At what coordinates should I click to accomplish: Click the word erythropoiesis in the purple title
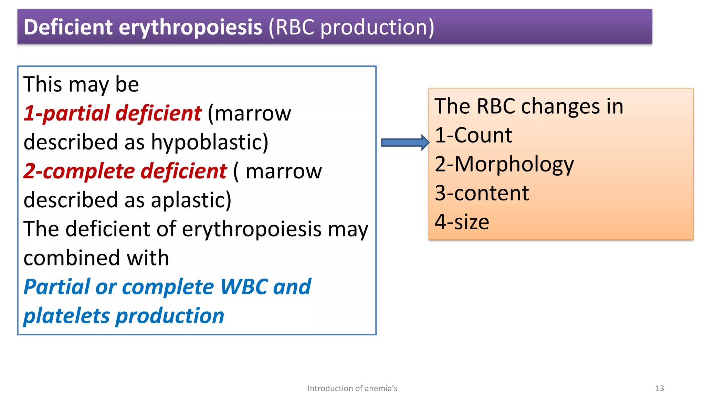coord(190,27)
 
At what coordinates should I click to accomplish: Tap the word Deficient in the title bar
coord(68,27)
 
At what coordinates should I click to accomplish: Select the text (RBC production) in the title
coord(351,27)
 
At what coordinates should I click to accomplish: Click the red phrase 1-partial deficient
coord(112,113)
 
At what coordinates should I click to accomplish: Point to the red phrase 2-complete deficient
coord(125,171)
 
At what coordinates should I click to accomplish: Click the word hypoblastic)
coord(210,142)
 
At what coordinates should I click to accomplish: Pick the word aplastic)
coord(191,200)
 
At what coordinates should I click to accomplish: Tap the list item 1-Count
coord(473,135)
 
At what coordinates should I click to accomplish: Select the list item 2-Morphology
coord(504,164)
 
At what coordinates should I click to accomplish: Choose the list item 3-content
coord(482,193)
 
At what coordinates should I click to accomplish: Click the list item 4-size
coord(462,222)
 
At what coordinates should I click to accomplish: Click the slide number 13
coord(659,388)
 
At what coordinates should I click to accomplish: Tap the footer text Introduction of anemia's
coord(352,388)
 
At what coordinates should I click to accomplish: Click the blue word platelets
coord(66,316)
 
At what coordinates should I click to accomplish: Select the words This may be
coord(81,84)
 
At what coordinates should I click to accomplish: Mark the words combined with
coord(96,258)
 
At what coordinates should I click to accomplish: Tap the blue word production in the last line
coord(170,316)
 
